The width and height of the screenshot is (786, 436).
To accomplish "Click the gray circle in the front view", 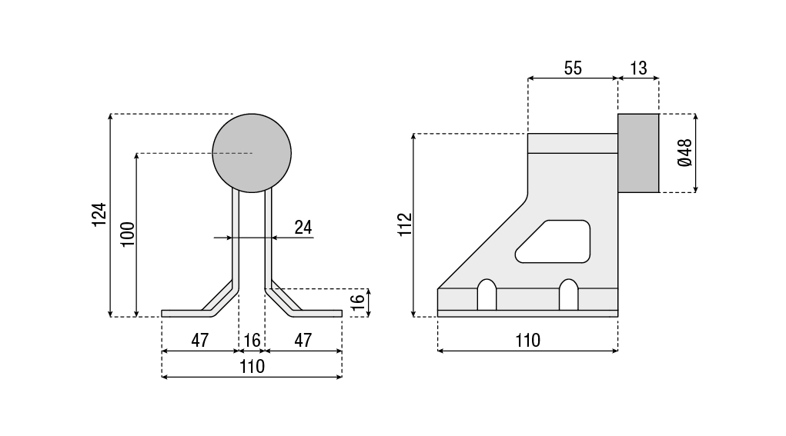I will coord(252,153).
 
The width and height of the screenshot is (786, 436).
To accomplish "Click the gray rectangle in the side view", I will coord(638,153).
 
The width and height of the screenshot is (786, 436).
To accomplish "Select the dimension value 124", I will coord(99,215).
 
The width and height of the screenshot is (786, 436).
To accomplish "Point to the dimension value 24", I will coord(303,227).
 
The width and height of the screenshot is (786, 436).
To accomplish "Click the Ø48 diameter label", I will coord(684,153).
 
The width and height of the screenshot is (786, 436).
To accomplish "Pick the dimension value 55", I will coord(573,68).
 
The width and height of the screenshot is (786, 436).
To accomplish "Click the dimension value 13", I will coord(638,68).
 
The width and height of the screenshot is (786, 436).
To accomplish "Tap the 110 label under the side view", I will coord(527,340).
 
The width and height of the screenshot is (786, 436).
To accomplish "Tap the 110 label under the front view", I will coord(252,367).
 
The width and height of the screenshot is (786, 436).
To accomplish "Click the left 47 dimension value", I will coord(199,340).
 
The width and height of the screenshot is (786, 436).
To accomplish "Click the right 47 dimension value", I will coord(303,340).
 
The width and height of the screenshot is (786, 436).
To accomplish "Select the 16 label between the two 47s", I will coord(252,340).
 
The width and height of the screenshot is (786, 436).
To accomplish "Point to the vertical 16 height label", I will coord(356,302).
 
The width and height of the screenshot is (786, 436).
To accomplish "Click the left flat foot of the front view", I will coord(182,313).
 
